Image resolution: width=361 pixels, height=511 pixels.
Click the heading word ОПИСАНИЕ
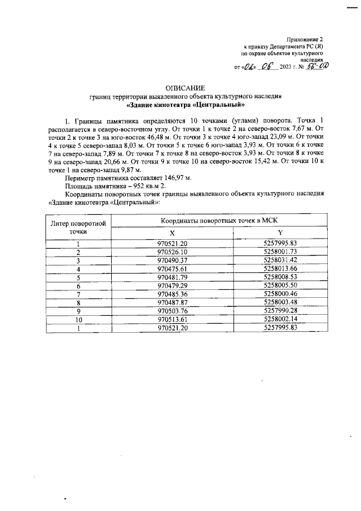pos(181,88)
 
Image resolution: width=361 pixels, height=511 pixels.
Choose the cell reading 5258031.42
pos(280,260)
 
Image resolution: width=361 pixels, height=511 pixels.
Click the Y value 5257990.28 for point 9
pos(280,311)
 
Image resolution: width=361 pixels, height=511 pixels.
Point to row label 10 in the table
pos(78,319)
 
